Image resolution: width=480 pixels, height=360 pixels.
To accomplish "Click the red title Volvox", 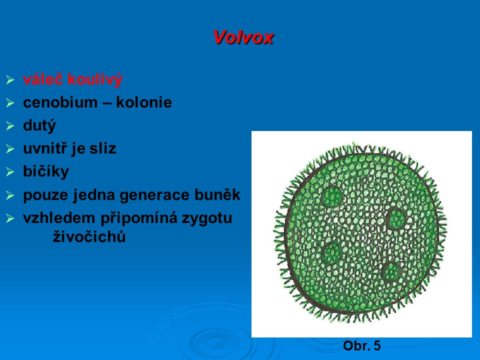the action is (243, 37).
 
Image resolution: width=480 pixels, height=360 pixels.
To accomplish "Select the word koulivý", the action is (95, 79).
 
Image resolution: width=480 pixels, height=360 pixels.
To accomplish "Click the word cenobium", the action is (60, 102).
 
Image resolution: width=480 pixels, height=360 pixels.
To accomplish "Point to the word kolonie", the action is (144, 102).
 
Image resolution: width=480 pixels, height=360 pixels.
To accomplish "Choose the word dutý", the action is (39, 126).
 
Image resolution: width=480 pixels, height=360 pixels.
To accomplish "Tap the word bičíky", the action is (46, 171).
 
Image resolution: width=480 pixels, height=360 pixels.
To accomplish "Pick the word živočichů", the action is (89, 236).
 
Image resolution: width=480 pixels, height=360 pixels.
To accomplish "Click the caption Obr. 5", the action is (362, 345).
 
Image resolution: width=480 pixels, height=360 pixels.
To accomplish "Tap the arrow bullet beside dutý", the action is (10, 126).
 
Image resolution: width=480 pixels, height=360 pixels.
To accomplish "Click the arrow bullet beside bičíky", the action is (10, 171).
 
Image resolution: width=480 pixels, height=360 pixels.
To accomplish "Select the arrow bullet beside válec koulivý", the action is (10, 80).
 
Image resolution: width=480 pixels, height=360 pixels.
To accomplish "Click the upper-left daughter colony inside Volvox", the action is (332, 196).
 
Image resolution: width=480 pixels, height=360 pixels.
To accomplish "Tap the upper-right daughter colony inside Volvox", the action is (396, 218).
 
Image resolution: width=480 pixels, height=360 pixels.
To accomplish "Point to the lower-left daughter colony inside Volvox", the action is (333, 253).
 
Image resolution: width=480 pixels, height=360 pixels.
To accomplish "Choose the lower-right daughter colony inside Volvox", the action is (392, 272).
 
